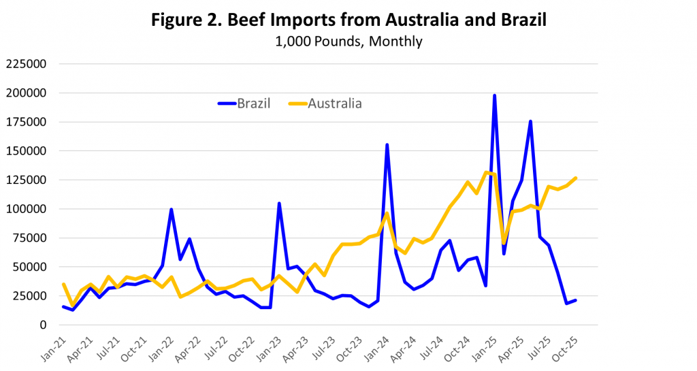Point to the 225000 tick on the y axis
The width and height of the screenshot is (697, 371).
pos(25,64)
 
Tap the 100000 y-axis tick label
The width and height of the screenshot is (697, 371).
pos(25,209)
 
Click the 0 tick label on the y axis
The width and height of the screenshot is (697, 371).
pos(42,325)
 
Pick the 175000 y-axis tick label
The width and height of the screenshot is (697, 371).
pos(25,122)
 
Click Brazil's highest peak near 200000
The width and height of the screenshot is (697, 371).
pos(494,96)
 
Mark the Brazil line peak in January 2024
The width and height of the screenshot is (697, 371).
pos(387,145)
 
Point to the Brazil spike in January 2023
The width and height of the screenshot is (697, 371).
pos(279,204)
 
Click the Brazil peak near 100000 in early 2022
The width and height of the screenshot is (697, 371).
pos(171,210)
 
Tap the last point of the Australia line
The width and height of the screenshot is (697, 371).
pos(575,178)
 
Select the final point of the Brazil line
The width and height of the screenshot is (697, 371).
pos(575,300)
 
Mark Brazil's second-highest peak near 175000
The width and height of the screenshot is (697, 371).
pos(530,122)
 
